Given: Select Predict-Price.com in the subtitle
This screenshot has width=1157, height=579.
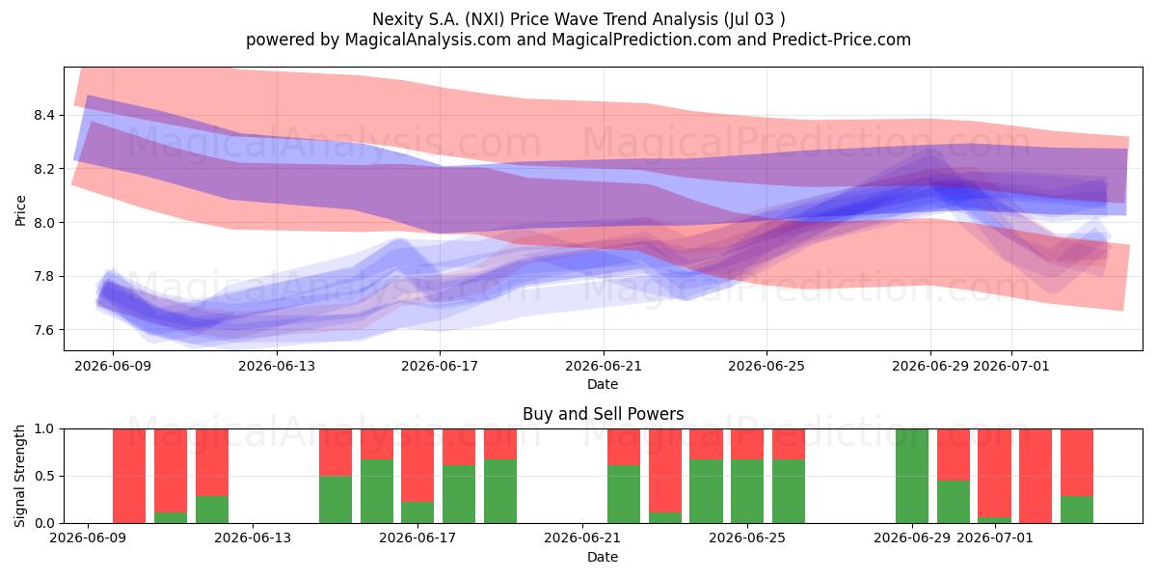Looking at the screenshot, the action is coord(842,40).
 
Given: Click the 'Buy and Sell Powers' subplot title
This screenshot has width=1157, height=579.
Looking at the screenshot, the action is coord(603,414).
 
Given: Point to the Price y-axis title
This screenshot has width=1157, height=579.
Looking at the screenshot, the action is coord(20,210).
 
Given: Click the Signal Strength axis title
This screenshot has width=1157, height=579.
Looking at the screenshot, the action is coord(20,476).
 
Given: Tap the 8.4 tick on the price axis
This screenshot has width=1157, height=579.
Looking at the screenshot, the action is coord(45,115).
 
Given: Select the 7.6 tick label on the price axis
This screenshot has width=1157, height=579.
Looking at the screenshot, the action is coord(45,330).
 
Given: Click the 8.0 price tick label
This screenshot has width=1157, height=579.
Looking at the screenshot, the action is coord(45,222).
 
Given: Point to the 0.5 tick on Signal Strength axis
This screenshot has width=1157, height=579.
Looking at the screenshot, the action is coord(45,476).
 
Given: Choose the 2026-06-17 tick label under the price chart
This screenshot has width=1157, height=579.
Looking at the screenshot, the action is coord(440,366).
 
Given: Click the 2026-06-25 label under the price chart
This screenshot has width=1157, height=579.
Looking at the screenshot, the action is coord(767,366).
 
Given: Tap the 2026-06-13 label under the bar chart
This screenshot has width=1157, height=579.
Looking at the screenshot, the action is coord(253,538).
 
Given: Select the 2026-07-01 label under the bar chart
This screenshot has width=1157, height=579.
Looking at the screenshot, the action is coord(995,538).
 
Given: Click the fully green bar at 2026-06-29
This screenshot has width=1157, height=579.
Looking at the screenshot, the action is coord(912,476).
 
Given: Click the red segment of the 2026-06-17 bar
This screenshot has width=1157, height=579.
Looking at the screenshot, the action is coord(417,465).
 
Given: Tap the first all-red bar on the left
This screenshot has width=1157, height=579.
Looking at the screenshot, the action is coord(129,476).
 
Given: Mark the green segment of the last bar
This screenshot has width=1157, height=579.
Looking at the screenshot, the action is coord(1077,510).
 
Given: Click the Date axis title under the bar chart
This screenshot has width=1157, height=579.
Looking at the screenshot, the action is coord(603,557).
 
